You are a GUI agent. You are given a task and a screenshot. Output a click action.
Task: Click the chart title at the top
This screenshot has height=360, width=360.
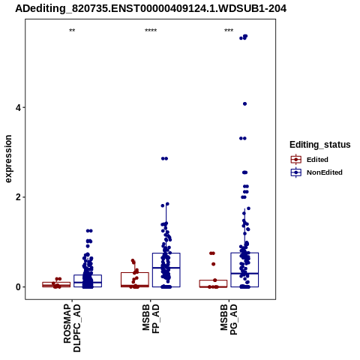151,9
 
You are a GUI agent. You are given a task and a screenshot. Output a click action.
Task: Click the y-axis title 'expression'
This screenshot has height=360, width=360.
8,159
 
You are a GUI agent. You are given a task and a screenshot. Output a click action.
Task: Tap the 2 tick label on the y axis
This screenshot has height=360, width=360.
18,197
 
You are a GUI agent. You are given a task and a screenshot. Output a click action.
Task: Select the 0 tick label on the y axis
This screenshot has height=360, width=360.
18,287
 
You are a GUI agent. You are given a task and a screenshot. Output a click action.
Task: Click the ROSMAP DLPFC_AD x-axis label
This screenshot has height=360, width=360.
72,328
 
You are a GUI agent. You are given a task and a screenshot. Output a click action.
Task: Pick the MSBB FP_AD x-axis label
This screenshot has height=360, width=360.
151,319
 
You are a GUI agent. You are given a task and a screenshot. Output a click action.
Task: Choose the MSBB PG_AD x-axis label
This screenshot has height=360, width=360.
229,319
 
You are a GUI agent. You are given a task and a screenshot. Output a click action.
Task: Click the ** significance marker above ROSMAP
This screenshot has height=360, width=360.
72,31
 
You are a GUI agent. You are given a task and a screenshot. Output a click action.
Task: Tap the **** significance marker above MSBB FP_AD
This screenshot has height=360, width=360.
151,31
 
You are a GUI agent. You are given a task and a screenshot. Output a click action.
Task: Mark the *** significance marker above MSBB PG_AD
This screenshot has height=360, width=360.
229,31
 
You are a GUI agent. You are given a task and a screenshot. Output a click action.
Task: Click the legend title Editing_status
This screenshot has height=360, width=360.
320,145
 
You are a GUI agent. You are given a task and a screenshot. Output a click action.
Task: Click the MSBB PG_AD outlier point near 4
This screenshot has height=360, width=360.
244,104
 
